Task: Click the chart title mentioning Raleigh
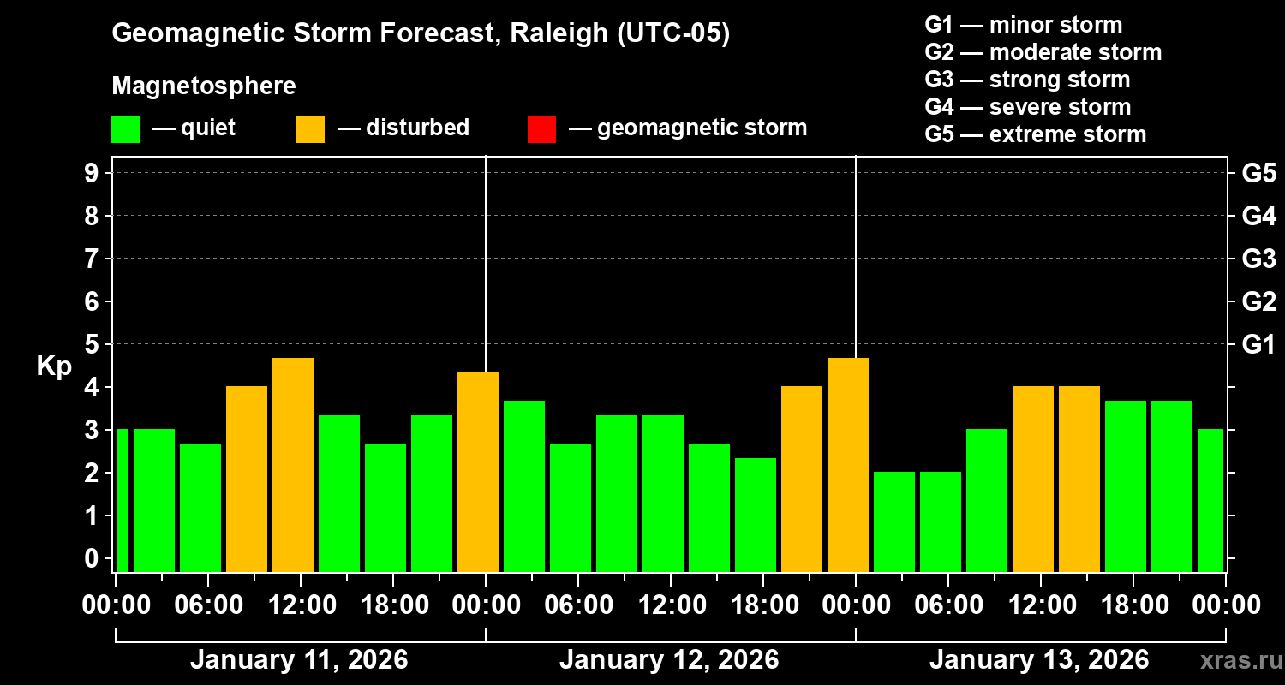421,34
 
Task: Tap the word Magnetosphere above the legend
204,86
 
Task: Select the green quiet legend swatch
125,128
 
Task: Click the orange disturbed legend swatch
310,128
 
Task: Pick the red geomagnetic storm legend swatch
541,128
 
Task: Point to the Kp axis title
54,366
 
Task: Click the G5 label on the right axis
1258,174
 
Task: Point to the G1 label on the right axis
1258,345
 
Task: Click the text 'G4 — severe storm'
1027,107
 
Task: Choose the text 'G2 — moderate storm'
1043,52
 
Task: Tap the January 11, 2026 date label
299,660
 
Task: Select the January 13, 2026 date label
1038,660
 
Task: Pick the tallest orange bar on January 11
293,465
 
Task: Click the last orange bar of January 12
848,465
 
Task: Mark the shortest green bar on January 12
756,515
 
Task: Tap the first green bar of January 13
894,521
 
